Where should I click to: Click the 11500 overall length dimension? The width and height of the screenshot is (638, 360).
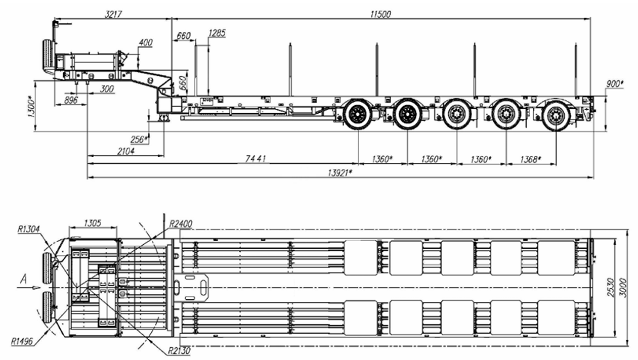380,14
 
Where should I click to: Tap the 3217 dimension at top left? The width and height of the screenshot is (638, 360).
113,14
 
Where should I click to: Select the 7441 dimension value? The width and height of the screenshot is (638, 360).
256,159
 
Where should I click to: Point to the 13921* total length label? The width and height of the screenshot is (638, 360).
340,172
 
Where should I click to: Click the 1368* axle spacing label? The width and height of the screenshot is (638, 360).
530,159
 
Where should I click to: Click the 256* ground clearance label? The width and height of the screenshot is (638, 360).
140,140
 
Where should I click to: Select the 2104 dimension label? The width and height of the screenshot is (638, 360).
125,151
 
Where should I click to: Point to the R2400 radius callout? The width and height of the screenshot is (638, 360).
181,223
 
